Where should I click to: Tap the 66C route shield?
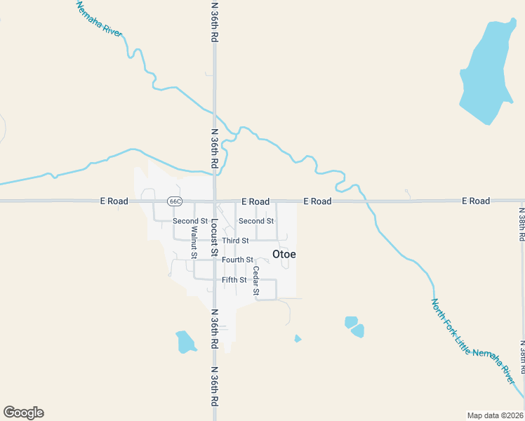pos(175,201)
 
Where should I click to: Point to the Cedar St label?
pos(256,280)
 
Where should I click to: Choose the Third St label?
pos(235,241)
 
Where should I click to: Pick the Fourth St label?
pos(237,260)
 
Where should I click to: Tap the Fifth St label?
pos(234,280)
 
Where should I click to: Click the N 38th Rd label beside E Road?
pos(521,224)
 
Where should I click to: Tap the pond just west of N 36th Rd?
pos(185,341)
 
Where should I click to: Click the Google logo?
pos(23,413)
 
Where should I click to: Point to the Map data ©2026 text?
pos(496,415)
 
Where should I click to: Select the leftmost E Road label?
pos(113,201)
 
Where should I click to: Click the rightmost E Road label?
pos(476,201)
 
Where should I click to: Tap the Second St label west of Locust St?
pos(186,221)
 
